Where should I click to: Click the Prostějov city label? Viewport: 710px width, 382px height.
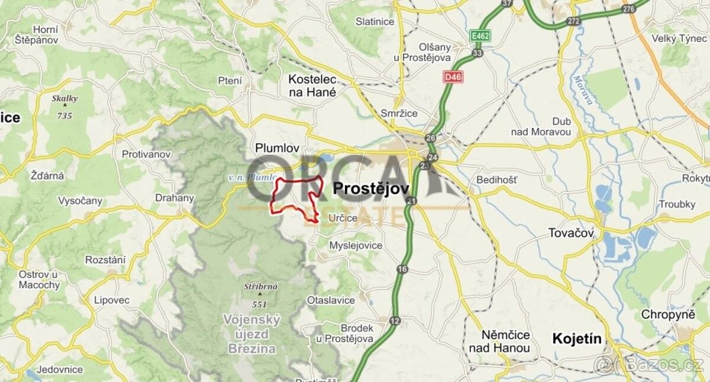tap(372, 189)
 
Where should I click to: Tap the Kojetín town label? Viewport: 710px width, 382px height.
tap(576, 339)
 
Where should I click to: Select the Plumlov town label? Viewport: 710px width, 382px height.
tap(277, 148)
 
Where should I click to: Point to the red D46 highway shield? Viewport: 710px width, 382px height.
tap(453, 77)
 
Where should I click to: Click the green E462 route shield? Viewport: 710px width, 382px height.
tap(480, 37)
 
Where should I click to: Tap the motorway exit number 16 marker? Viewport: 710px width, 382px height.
tap(403, 270)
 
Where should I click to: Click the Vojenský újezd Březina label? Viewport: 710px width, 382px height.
tap(251, 334)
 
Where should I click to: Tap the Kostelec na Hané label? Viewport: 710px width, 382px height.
tap(312, 85)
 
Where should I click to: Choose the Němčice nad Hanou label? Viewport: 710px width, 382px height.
tap(498, 341)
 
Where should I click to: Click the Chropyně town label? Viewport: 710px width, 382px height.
tap(672, 315)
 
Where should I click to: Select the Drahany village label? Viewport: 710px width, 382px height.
tap(174, 198)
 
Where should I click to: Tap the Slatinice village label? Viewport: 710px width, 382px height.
tap(375, 21)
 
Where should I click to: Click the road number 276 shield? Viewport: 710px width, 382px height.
tap(629, 8)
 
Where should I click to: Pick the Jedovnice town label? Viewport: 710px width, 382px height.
tap(58, 370)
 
